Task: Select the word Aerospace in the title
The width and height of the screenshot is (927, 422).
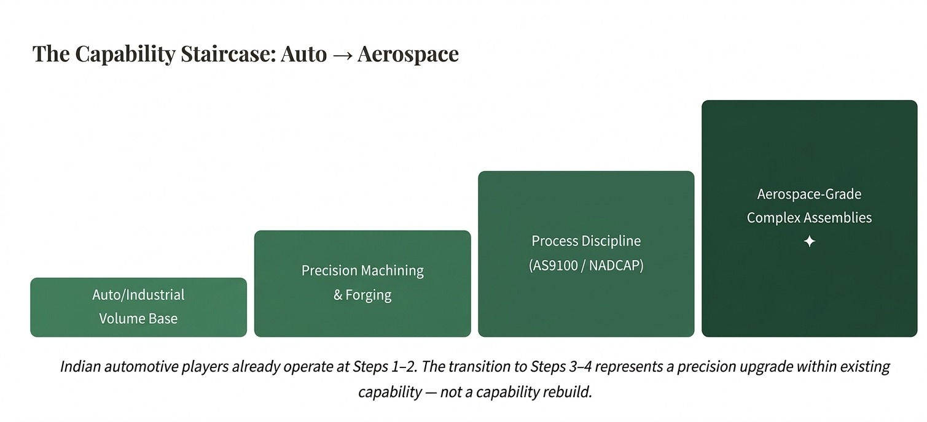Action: [408, 54]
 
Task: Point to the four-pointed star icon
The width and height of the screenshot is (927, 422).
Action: [809, 242]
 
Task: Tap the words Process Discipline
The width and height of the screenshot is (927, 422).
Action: [586, 241]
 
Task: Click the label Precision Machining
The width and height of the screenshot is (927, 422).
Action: [362, 270]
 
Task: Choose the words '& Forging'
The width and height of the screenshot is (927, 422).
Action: [362, 295]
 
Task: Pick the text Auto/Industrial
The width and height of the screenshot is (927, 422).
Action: [138, 294]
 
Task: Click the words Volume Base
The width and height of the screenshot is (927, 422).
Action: [138, 318]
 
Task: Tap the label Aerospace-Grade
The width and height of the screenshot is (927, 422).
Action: [809, 194]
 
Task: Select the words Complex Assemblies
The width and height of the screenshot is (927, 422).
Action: [809, 218]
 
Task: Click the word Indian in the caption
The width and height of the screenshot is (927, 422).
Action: [80, 367]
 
